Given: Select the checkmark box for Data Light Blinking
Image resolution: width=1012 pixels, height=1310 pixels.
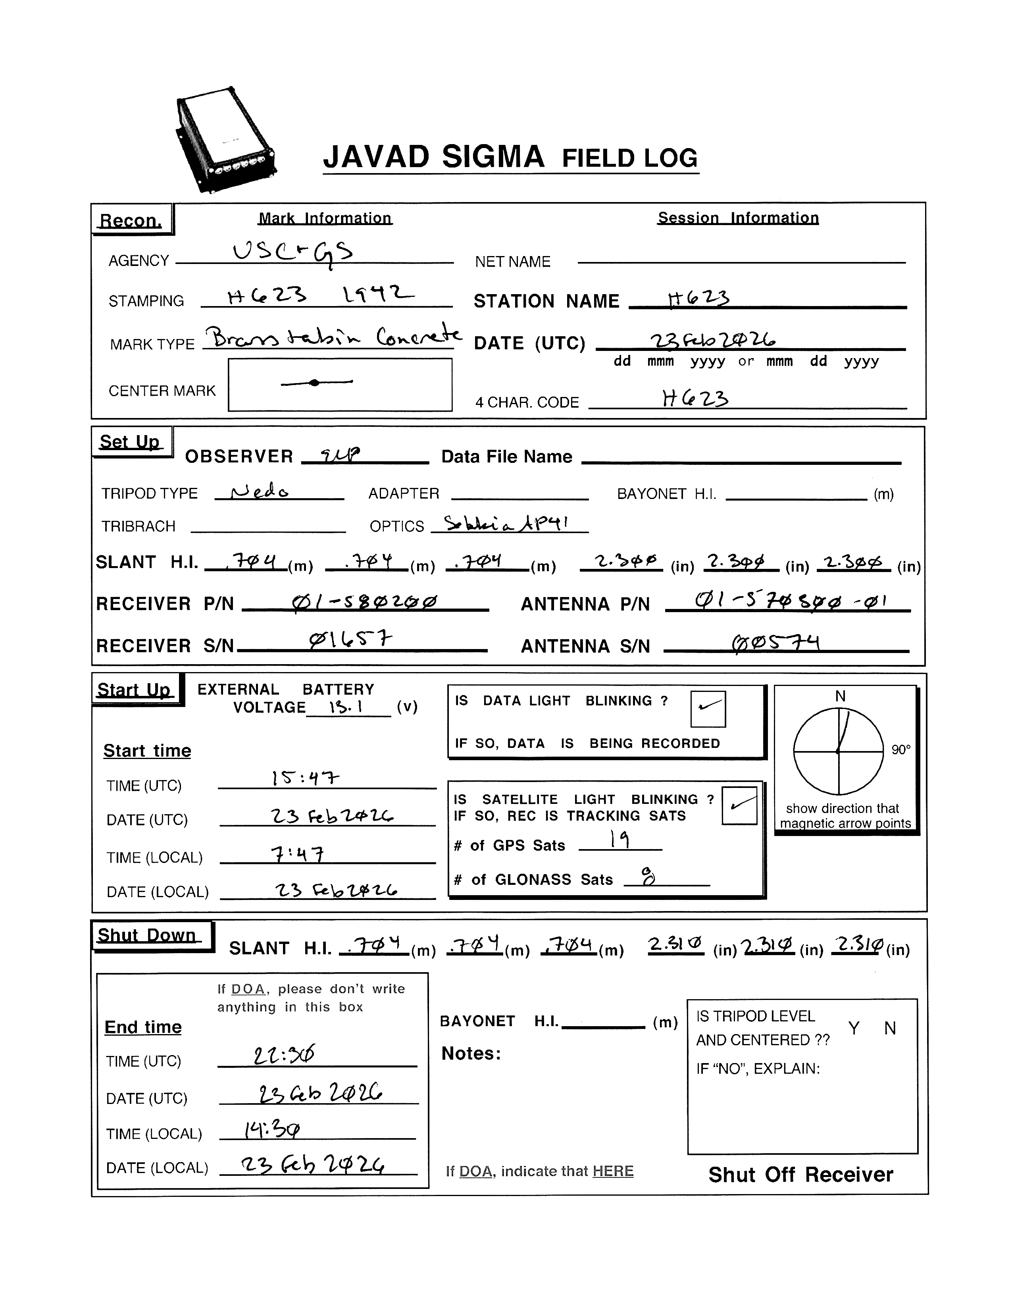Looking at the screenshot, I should point(708,709).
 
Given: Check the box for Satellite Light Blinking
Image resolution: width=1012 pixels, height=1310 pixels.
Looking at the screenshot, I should point(739,805).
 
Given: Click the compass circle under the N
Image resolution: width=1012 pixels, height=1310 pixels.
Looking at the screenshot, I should point(838,751).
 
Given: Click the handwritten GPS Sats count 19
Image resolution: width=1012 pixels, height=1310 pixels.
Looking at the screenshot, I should point(620,840).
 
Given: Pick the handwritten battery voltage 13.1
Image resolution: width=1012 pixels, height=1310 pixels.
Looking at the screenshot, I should point(346,707).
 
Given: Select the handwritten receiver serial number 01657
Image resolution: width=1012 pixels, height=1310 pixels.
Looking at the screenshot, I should point(351,641).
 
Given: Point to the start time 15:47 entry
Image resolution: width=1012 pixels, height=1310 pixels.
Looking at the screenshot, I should point(305,778).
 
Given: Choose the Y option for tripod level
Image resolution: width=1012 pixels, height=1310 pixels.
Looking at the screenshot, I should point(854,1029).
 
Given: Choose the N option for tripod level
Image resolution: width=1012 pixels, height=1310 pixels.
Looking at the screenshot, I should point(890,1029).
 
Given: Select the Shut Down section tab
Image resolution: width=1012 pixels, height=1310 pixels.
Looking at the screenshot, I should point(148,936).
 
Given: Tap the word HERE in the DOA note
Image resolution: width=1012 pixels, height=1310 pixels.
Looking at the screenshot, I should point(613,1171).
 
